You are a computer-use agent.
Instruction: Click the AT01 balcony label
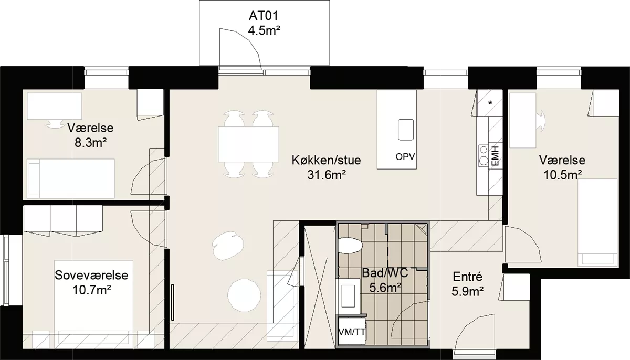[x=264, y=16]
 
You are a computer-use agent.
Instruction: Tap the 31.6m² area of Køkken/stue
[x=326, y=175]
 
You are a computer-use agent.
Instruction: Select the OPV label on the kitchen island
[x=405, y=157]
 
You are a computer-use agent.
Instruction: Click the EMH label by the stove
[x=495, y=156]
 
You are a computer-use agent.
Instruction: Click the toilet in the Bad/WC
[x=350, y=246]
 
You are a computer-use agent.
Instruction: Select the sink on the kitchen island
[x=405, y=130]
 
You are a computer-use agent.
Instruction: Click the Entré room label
[x=467, y=277]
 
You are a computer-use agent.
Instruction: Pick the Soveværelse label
[x=91, y=275]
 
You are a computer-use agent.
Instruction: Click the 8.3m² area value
[x=90, y=143]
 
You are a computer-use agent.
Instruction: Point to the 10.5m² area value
[x=562, y=175]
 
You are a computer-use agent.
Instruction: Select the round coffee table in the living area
[x=244, y=295]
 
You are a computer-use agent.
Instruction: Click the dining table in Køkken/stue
[x=249, y=144]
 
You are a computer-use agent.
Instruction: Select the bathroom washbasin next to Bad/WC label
[x=349, y=295]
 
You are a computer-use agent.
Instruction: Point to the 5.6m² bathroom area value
[x=385, y=288]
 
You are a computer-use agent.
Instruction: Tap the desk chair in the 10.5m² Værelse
[x=541, y=120]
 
